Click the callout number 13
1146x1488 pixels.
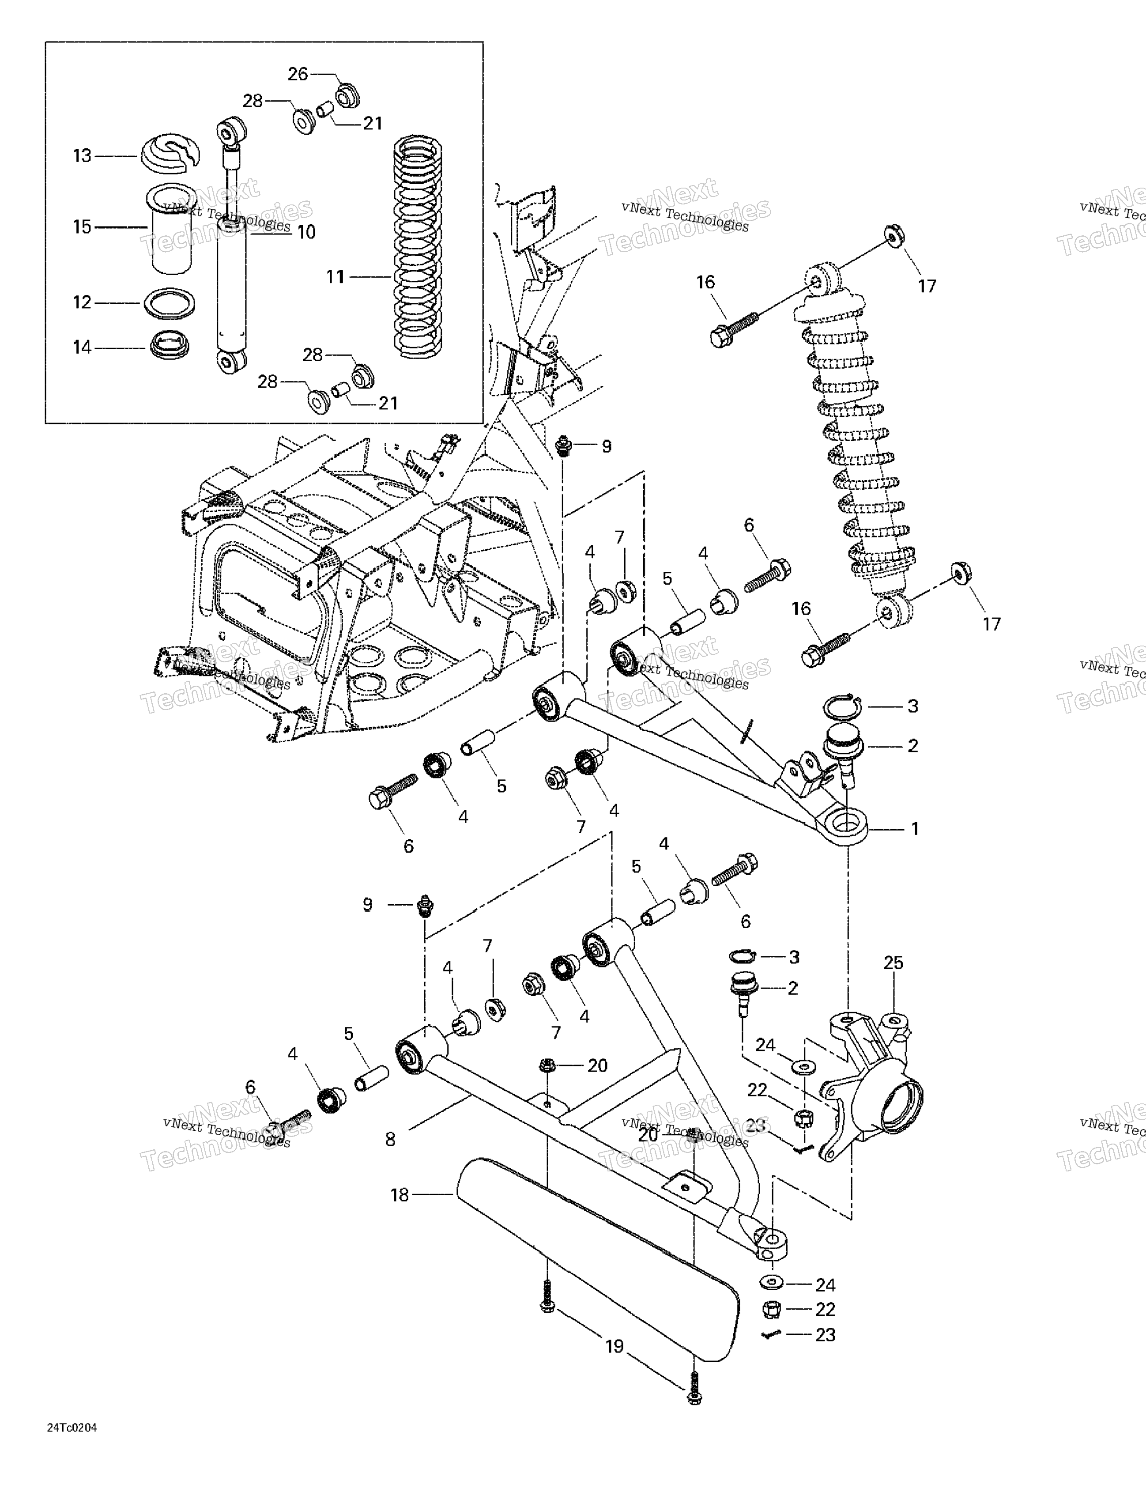[82, 156]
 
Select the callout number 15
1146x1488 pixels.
[82, 227]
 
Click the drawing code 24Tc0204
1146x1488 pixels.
[72, 1428]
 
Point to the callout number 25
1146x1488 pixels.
[893, 963]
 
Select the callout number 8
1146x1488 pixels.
[390, 1139]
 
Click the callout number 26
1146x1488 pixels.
[298, 74]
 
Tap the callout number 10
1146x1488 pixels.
[306, 232]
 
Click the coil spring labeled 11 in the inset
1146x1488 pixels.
[419, 245]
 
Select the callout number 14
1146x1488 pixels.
[82, 347]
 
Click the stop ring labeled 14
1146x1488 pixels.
[169, 346]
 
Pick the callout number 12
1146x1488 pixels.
[82, 302]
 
